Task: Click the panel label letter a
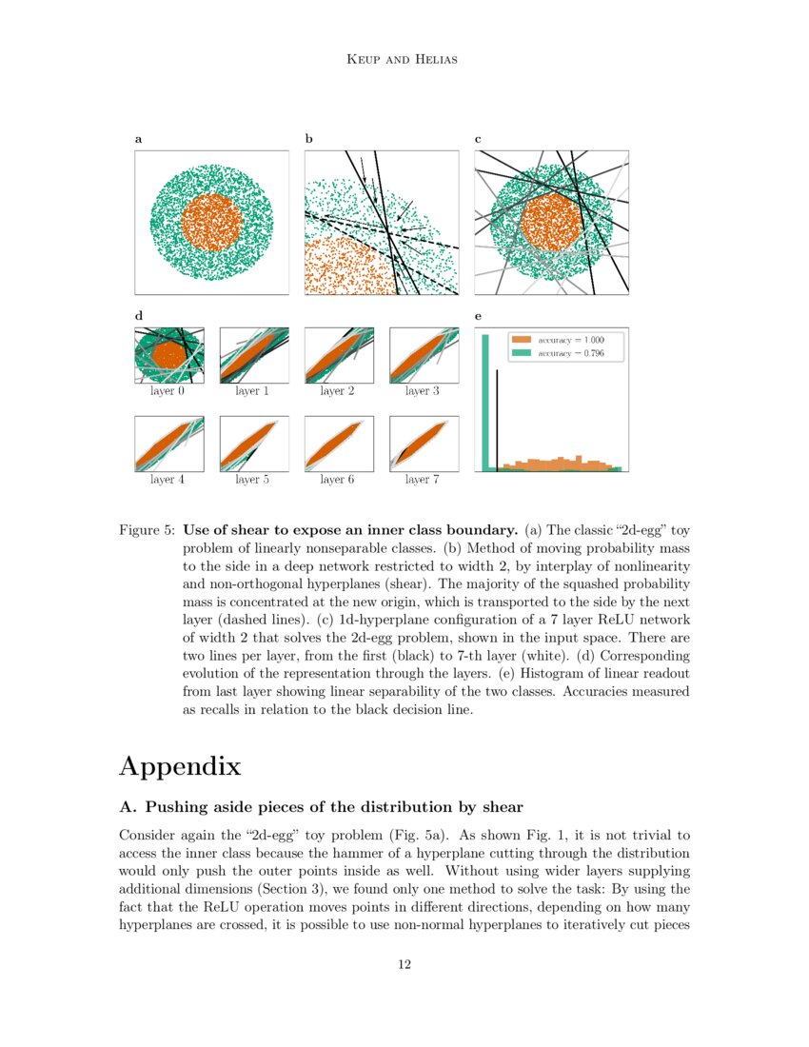(x=139, y=139)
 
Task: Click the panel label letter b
(x=308, y=139)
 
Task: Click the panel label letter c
(x=478, y=139)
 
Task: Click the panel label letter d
(x=139, y=316)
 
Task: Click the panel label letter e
(x=478, y=316)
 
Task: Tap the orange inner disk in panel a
(x=211, y=222)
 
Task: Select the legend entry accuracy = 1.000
(x=569, y=339)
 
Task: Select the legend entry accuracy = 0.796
(x=569, y=353)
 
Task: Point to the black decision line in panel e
(x=497, y=419)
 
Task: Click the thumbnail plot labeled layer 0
(x=169, y=355)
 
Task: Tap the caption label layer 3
(x=417, y=391)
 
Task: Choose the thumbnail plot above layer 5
(x=253, y=444)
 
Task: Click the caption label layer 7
(x=417, y=480)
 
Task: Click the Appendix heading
(x=180, y=766)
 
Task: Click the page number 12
(x=404, y=965)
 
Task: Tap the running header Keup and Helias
(x=404, y=61)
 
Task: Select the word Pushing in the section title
(x=177, y=807)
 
